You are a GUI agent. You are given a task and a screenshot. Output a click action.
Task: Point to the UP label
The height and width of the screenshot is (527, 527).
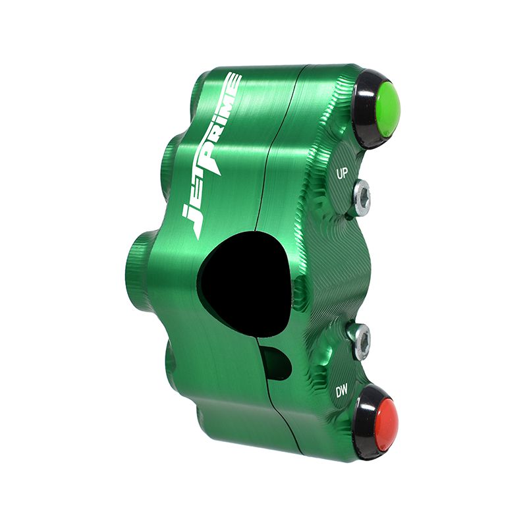tap(342, 175)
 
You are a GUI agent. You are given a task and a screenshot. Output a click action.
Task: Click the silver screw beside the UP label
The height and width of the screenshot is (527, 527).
tap(361, 195)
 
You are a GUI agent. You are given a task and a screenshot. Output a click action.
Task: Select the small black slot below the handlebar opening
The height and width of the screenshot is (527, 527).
tap(276, 360)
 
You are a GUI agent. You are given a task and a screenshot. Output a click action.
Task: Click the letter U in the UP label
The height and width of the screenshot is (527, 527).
tap(339, 175)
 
